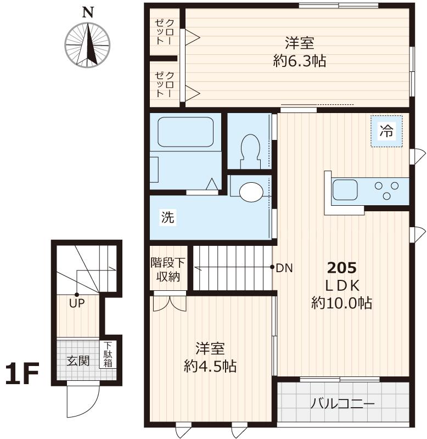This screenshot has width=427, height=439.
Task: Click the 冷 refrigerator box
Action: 386,131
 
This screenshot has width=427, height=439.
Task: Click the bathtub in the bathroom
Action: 186,132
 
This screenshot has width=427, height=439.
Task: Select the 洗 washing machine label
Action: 167,217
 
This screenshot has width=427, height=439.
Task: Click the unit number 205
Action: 342,268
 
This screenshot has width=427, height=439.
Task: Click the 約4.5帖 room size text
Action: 210,366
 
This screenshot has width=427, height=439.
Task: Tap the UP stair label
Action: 76,302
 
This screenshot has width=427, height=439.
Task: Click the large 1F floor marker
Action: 21,374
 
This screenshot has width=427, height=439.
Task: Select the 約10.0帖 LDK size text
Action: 342,302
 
